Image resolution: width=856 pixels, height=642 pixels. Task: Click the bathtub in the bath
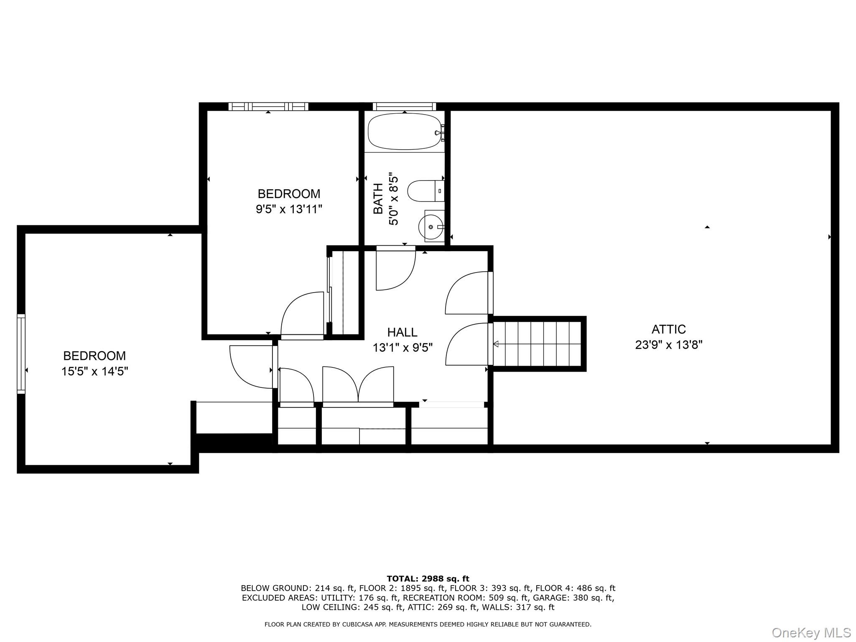pyautogui.click(x=404, y=131)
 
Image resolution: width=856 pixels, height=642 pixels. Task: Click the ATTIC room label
pyautogui.click(x=668, y=329)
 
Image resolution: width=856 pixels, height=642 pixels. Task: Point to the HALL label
pyautogui.click(x=402, y=332)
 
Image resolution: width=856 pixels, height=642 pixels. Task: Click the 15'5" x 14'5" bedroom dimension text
pyautogui.click(x=94, y=371)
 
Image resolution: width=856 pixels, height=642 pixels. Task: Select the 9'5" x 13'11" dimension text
pyautogui.click(x=289, y=209)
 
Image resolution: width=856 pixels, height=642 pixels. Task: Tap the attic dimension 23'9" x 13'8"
pyautogui.click(x=668, y=345)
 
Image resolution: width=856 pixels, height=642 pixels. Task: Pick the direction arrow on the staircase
pyautogui.click(x=496, y=344)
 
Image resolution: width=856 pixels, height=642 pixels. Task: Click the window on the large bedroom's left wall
pyautogui.click(x=21, y=354)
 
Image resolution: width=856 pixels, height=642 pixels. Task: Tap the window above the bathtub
pyautogui.click(x=404, y=107)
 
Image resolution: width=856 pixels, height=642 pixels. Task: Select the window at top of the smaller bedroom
pyautogui.click(x=268, y=107)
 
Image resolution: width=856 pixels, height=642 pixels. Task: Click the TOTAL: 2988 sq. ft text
pyautogui.click(x=428, y=579)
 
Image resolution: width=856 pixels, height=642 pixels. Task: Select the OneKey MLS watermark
pyautogui.click(x=811, y=632)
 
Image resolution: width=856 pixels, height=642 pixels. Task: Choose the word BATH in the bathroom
pyautogui.click(x=378, y=199)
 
